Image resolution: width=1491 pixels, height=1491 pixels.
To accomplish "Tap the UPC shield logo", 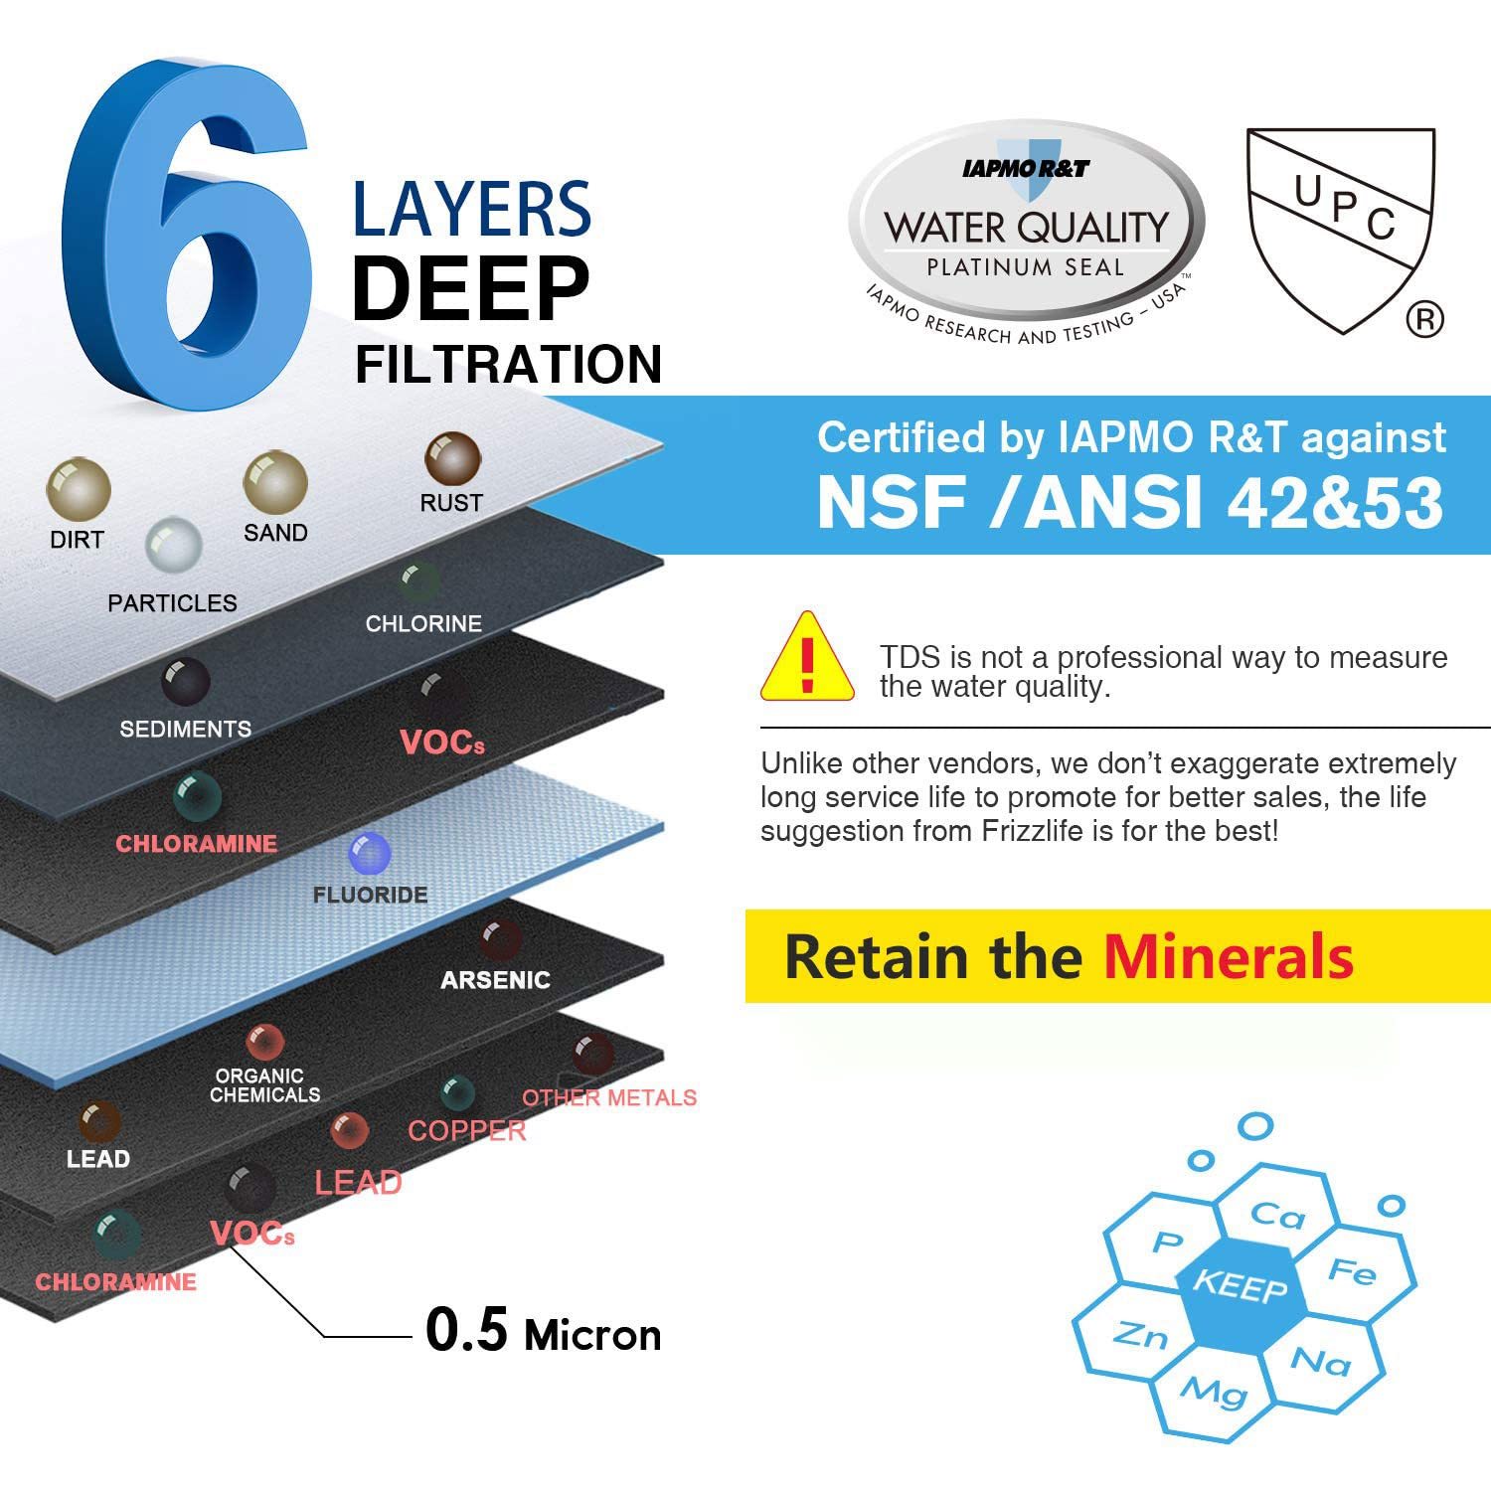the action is (1342, 231).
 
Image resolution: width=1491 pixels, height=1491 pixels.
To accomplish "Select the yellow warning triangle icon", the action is (807, 657).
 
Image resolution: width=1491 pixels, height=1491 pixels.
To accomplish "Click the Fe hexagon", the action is (1353, 1272).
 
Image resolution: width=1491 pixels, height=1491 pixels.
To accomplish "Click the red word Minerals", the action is (1229, 956).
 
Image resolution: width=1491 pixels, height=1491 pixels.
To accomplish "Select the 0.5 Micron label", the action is (543, 1330).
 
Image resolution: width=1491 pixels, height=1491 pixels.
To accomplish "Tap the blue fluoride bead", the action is (370, 853).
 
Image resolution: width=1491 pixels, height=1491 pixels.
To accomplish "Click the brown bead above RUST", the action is (453, 459).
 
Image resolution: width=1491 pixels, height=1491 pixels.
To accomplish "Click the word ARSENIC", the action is (495, 980).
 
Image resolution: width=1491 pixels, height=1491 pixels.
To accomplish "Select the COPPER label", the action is (466, 1131).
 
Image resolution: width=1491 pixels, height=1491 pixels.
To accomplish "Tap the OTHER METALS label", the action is (609, 1097).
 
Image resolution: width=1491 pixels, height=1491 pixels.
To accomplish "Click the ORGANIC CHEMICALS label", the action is (264, 1085).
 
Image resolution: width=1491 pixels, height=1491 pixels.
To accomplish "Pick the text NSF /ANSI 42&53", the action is (1130, 502).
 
